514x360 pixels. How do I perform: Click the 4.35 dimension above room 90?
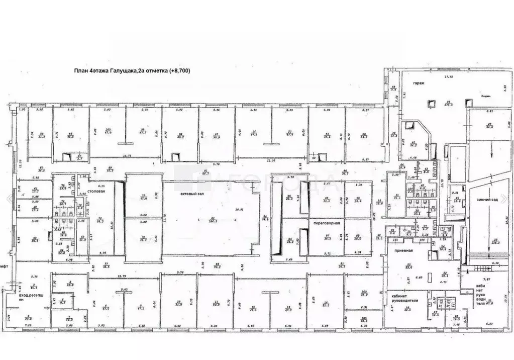[x=359, y=185]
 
